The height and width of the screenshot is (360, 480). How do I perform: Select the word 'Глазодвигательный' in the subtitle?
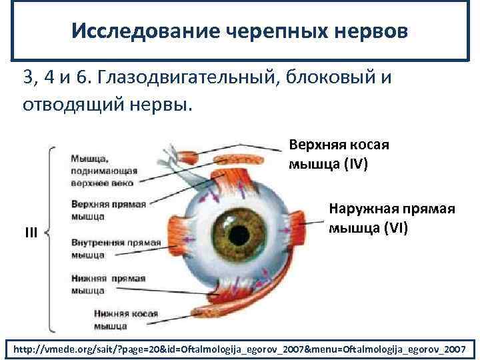[187, 79]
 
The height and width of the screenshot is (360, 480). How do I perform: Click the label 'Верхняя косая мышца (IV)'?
[339, 154]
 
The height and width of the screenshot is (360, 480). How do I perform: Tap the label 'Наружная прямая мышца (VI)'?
[392, 219]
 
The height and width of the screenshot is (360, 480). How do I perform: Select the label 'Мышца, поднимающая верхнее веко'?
[103, 170]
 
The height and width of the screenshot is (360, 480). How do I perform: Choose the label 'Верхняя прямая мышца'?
[108, 209]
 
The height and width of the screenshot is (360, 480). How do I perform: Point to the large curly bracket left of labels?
[50, 237]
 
